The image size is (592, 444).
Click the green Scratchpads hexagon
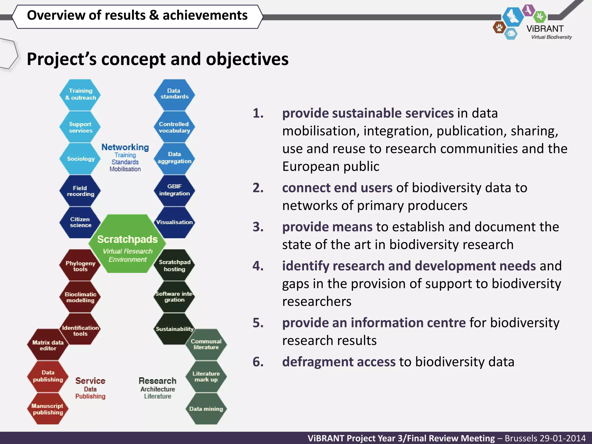127,244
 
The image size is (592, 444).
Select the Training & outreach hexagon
80,95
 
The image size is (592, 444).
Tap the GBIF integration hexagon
174,190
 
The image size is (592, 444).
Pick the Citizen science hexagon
80,222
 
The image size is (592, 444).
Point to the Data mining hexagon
206,409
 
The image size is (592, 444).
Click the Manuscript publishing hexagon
48,409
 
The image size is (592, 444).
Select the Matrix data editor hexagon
48,345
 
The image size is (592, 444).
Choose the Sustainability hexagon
174,329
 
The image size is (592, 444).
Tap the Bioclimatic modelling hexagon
80,297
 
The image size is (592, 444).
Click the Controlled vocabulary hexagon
174,127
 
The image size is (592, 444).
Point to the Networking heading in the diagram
125,147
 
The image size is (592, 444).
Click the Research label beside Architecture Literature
158,381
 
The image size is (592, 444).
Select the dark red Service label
90,381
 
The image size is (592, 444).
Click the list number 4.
258,266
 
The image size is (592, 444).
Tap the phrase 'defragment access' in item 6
339,362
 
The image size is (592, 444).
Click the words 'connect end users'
337,188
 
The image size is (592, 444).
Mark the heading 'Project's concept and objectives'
158,59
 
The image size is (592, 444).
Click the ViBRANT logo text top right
545,29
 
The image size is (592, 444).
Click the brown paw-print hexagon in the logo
499,28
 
